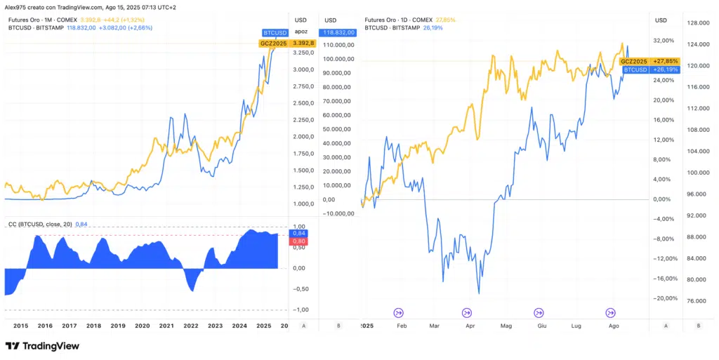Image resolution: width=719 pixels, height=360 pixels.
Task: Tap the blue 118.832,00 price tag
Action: tap(338, 32)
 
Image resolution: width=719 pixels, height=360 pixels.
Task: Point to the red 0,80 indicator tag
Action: tap(299, 241)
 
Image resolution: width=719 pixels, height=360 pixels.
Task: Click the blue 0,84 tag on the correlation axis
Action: tap(299, 233)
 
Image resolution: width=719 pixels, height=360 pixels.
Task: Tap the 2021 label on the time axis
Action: tap(166, 326)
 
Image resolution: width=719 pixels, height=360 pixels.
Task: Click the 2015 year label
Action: tap(21, 326)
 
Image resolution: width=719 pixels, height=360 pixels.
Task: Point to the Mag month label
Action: tap(506, 326)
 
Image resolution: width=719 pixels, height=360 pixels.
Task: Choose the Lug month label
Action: tap(576, 326)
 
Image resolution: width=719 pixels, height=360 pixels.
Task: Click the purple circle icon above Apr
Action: tap(468, 312)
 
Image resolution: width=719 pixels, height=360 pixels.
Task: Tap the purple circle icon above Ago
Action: tap(611, 312)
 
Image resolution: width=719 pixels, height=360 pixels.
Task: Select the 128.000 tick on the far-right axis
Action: tap(698, 23)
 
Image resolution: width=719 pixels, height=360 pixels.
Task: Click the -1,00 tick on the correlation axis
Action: tap(299, 309)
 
